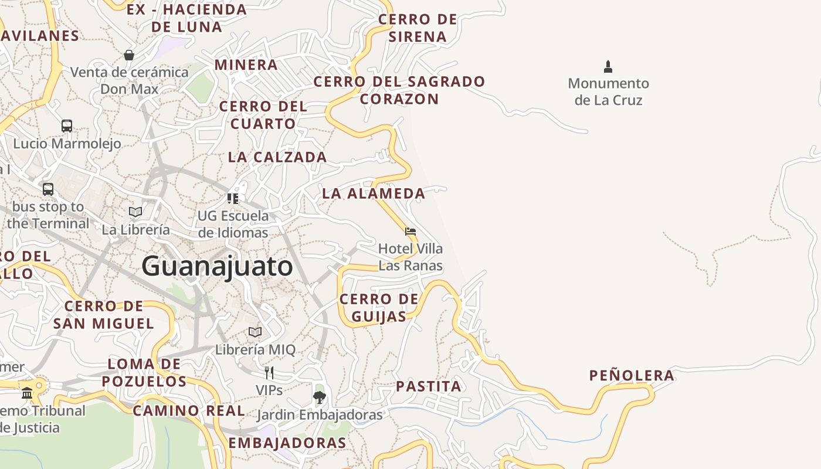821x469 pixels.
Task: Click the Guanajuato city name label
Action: click(217, 266)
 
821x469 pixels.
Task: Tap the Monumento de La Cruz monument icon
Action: click(608, 67)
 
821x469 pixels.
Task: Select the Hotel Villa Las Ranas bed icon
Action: click(410, 232)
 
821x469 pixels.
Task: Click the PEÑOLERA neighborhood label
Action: click(632, 376)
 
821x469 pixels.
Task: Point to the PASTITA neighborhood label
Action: click(429, 386)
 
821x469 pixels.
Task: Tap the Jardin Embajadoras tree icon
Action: click(319, 397)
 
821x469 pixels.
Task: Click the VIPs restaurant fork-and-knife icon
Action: click(269, 372)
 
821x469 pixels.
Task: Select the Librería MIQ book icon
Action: click(255, 332)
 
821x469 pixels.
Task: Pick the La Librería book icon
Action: click(135, 212)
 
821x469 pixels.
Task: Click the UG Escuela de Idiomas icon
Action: click(233, 199)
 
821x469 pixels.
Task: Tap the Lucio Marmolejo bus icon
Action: click(67, 125)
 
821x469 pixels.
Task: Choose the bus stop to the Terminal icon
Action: click(48, 189)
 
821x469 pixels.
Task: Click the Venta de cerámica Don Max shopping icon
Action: click(129, 55)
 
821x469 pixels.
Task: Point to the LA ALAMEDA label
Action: click(374, 193)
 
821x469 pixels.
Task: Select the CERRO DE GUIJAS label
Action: click(379, 308)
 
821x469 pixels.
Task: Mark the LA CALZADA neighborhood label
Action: click(277, 157)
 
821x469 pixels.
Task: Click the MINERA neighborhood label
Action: click(246, 64)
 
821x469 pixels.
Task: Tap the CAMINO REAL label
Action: click(189, 411)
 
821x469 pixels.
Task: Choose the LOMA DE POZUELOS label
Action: click(144, 373)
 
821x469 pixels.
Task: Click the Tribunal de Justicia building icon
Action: click(27, 393)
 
